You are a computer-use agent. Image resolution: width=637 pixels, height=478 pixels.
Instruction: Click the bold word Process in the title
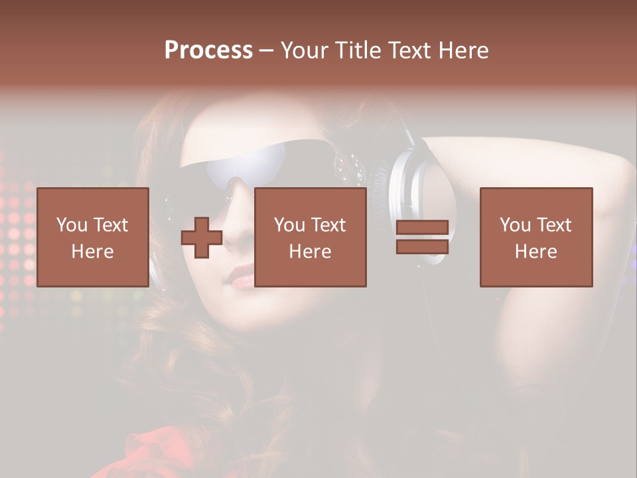(208, 50)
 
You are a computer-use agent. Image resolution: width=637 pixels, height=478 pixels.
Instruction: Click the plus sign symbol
(202, 238)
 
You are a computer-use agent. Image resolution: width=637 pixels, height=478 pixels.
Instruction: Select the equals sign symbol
(422, 238)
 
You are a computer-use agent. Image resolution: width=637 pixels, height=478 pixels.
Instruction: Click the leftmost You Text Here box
(93, 237)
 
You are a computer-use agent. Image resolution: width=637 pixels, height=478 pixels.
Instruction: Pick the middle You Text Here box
(311, 237)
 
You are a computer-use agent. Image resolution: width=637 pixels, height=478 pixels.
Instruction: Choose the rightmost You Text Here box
(536, 237)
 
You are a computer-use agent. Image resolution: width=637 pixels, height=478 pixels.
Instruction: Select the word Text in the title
(407, 50)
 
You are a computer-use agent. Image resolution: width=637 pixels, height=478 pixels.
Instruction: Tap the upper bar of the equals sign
(422, 228)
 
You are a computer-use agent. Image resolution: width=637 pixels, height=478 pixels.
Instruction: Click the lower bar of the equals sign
(422, 246)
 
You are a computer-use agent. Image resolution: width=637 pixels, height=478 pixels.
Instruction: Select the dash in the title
(267, 50)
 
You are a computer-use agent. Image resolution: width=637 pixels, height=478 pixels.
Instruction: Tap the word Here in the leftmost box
(93, 252)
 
